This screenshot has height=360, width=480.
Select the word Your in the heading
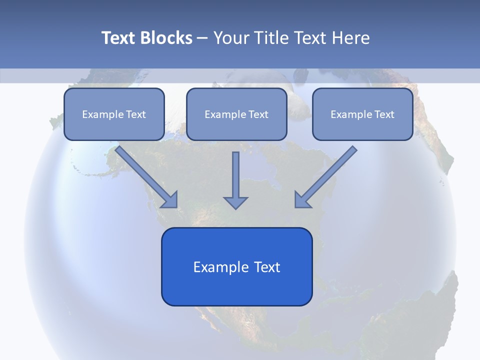[x=230, y=38]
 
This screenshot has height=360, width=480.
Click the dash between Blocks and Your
[x=202, y=38]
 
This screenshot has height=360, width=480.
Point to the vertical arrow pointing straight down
[x=235, y=175]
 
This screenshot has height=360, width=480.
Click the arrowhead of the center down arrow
[x=235, y=202]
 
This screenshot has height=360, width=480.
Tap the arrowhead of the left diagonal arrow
[x=170, y=200]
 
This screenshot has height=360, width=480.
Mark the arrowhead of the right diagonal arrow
[x=301, y=200]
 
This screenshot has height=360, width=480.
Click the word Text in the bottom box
[x=267, y=267]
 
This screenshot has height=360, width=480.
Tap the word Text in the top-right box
[x=384, y=114]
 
